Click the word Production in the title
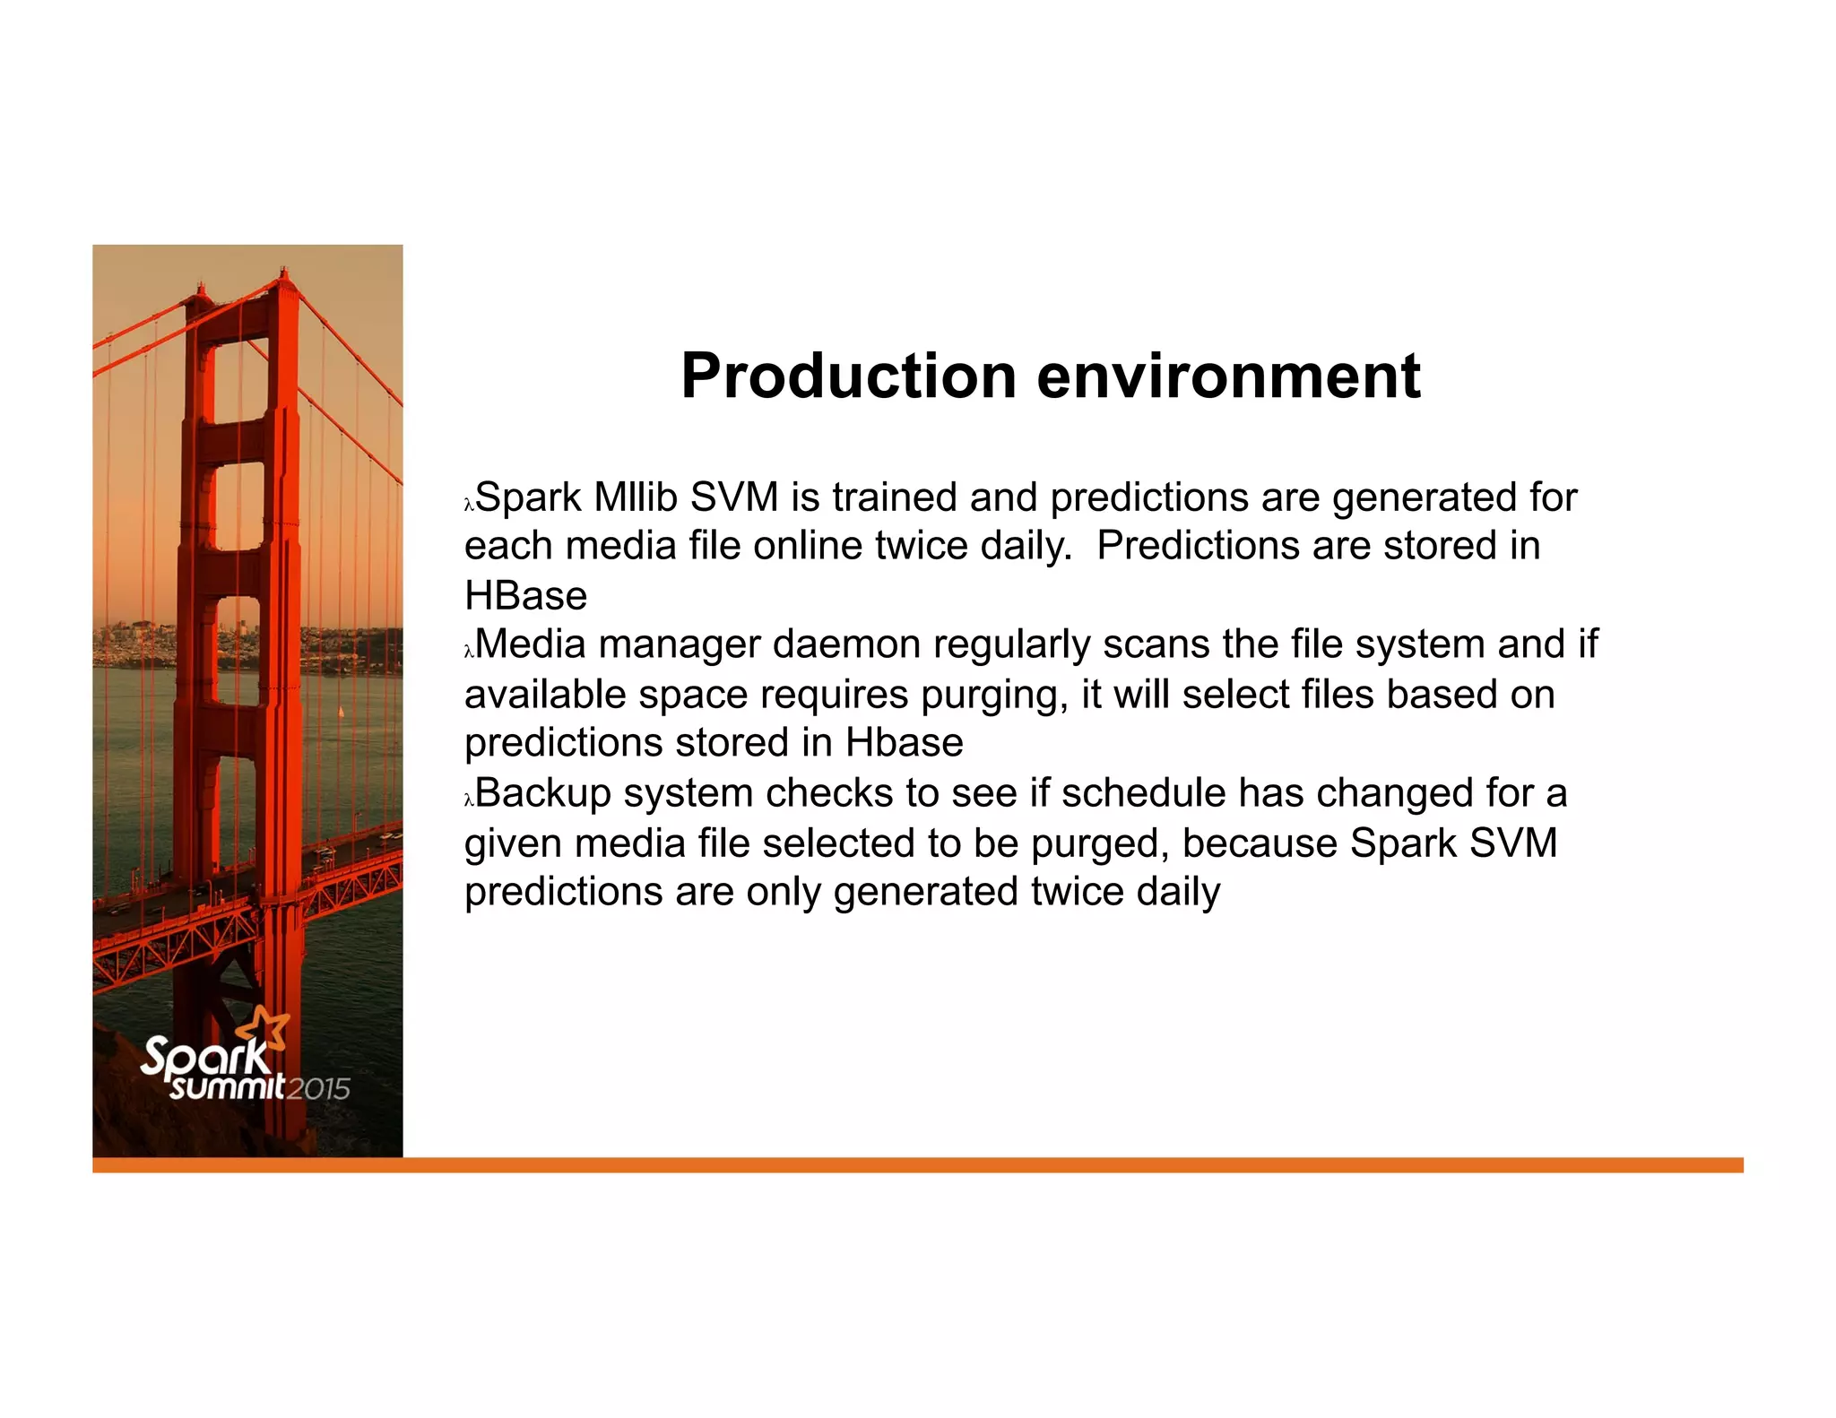pyautogui.click(x=847, y=376)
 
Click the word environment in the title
pyautogui.click(x=1228, y=376)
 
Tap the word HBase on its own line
pyautogui.click(x=525, y=596)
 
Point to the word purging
pyautogui.click(x=994, y=696)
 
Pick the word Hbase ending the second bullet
pyautogui.click(x=904, y=743)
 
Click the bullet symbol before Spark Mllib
pyautogui.click(x=468, y=506)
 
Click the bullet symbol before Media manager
pyautogui.click(x=468, y=653)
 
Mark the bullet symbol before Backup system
pyautogui.click(x=468, y=801)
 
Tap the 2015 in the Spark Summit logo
pyautogui.click(x=318, y=1089)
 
